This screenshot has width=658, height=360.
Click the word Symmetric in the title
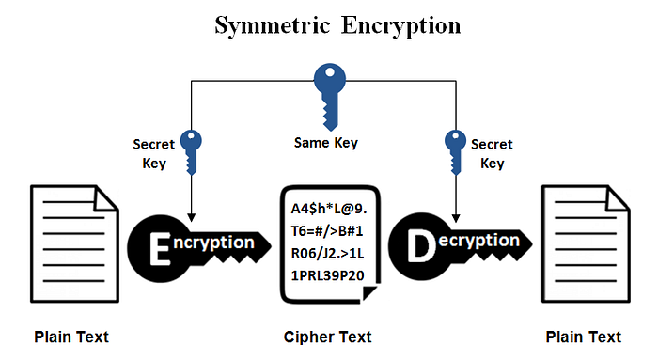pyautogui.click(x=268, y=25)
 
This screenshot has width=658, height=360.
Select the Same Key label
pyautogui.click(x=327, y=144)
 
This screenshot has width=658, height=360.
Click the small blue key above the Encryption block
pyautogui.click(x=192, y=150)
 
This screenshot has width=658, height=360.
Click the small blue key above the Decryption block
pyautogui.click(x=455, y=150)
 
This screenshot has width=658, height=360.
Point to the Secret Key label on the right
pyautogui.click(x=492, y=154)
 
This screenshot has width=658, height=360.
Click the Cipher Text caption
pyautogui.click(x=327, y=337)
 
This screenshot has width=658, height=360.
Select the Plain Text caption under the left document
pyautogui.click(x=71, y=337)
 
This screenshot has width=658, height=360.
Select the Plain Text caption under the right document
pyautogui.click(x=583, y=337)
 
